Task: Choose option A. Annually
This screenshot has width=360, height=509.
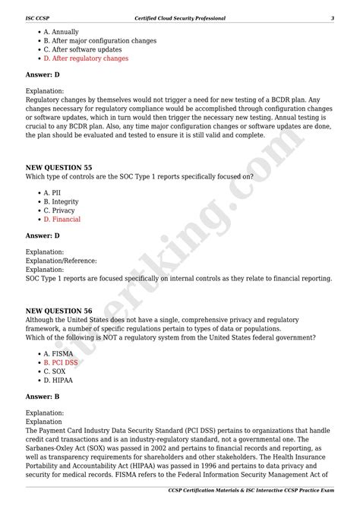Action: pos(61,32)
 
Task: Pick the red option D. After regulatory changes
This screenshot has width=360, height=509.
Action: pos(86,58)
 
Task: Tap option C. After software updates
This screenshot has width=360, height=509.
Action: pos(83,49)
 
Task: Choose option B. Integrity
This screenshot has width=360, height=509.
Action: pos(61,201)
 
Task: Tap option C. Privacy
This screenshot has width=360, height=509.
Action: pos(59,210)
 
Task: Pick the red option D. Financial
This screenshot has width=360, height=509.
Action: pos(62,219)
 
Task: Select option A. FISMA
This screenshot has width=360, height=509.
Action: pos(58,354)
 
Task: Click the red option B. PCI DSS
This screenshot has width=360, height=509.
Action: pos(61,362)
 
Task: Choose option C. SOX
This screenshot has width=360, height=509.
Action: pos(54,371)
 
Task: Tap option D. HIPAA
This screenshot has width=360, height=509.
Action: pos(58,380)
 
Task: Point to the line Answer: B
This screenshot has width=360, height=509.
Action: pos(43,397)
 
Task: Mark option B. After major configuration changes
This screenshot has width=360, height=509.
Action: pos(100,40)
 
